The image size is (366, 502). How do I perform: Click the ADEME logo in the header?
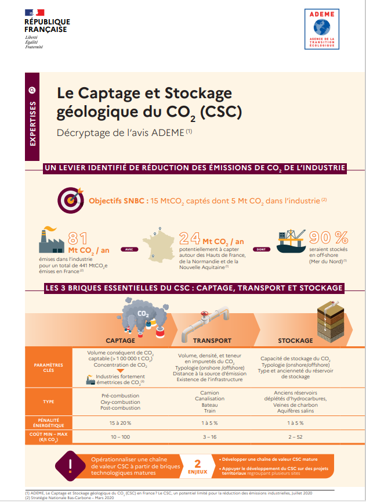(321, 30)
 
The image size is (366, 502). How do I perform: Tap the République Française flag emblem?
(34, 12)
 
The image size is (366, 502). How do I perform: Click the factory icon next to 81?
(50, 241)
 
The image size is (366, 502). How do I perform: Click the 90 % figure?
(328, 238)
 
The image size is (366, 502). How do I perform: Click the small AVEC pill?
(128, 249)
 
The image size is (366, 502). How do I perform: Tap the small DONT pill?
(262, 249)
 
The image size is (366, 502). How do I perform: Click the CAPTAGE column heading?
(120, 340)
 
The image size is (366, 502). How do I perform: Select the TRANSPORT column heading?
(212, 340)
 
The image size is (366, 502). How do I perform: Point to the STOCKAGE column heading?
(295, 340)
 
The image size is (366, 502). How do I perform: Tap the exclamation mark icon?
(71, 465)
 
